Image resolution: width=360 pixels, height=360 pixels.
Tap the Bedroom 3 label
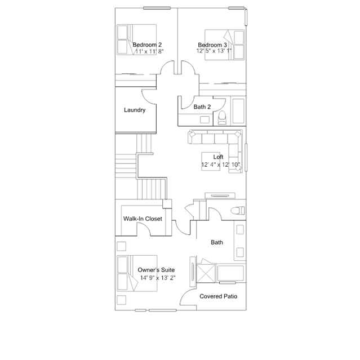click(212, 45)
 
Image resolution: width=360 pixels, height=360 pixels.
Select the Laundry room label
click(135, 110)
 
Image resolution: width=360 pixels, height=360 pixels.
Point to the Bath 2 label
click(202, 106)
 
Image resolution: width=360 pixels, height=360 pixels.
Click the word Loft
click(218, 157)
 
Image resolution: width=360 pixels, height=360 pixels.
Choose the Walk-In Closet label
click(143, 219)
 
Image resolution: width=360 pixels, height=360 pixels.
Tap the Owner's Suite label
click(152, 270)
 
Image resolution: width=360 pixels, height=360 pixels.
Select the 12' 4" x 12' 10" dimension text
click(221, 165)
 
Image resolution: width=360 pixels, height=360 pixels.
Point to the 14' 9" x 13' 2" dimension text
click(154, 278)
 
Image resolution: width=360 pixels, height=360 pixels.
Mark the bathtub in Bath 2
click(238, 112)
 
